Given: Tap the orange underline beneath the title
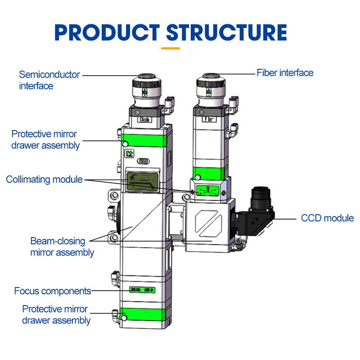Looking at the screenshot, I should [171, 48].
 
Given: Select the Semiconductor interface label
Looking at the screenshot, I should [49, 80].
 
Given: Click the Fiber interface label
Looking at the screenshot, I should [285, 72].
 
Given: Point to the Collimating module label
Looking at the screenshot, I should [44, 180].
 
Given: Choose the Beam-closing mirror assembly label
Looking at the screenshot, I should [62, 247].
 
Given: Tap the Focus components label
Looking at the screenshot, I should [53, 291].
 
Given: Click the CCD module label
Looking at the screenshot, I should [327, 218].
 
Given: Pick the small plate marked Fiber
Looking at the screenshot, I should [208, 120].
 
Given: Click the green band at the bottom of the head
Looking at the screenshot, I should [145, 315].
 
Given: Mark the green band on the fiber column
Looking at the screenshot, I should [208, 173].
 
